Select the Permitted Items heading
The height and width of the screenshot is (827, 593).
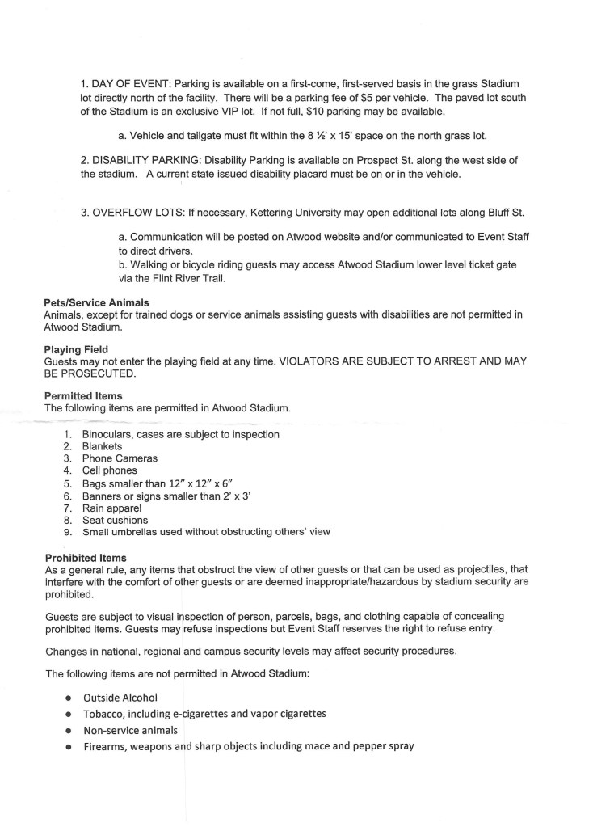[x=83, y=396]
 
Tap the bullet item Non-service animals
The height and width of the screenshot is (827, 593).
[x=130, y=729]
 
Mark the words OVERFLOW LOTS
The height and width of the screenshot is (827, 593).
[x=138, y=213]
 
